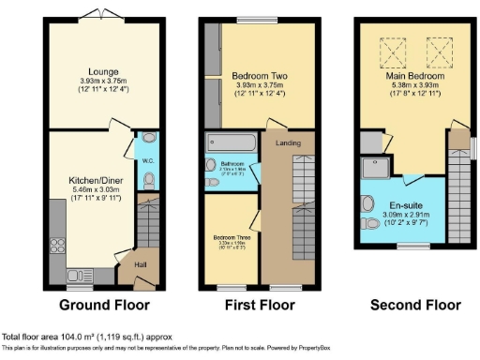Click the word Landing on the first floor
click(286, 143)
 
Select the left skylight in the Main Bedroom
click(390, 47)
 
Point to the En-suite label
click(402, 205)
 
